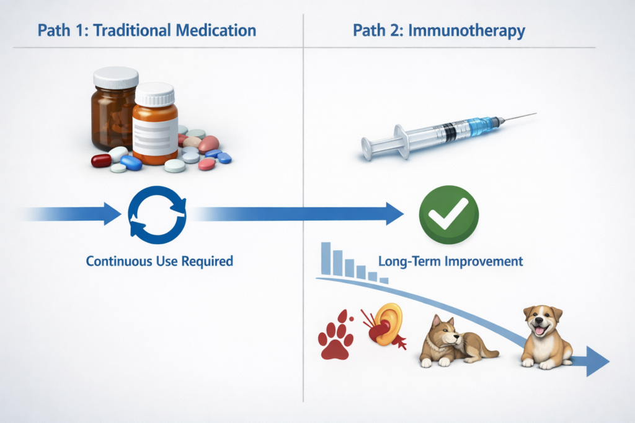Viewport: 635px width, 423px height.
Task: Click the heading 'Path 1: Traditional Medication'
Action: click(x=146, y=30)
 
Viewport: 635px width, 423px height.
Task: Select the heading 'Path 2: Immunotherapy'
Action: click(x=440, y=30)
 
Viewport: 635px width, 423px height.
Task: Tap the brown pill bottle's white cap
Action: click(x=115, y=77)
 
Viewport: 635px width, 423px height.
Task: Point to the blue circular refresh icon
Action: click(x=156, y=214)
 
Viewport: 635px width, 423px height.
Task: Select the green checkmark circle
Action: click(x=449, y=214)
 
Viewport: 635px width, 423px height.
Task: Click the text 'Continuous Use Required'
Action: click(x=159, y=261)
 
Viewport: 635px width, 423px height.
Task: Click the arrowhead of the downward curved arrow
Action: click(x=597, y=362)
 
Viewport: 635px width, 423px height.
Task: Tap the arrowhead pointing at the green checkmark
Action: click(x=394, y=214)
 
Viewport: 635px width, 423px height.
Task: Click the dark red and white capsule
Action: click(x=101, y=160)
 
